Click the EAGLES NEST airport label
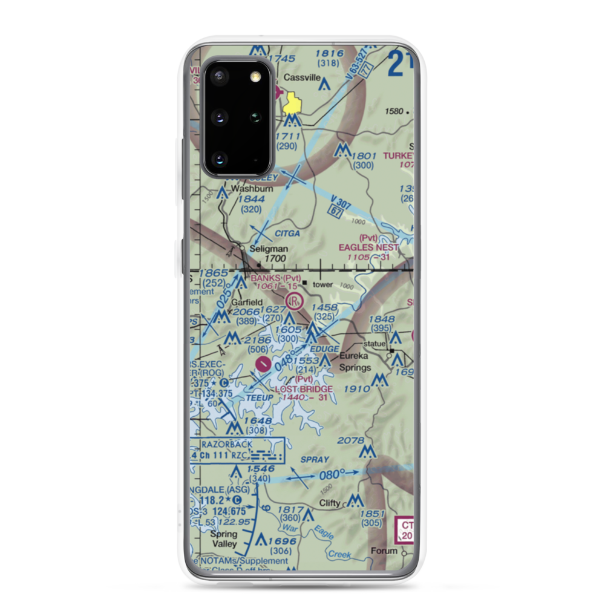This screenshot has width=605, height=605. (x=368, y=247)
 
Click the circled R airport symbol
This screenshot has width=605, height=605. (x=295, y=299)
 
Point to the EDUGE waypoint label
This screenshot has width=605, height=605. (x=324, y=350)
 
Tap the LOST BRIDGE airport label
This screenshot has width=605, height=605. (x=304, y=388)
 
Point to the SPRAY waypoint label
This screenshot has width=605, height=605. (x=314, y=460)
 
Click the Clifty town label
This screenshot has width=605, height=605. (x=330, y=503)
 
